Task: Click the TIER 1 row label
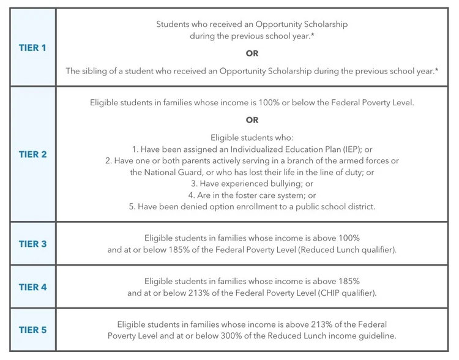(32, 48)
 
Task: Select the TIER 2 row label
(32, 154)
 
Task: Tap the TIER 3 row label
(32, 244)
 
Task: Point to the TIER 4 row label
(32, 287)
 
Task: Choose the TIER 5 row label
(32, 330)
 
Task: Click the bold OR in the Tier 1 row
(252, 53)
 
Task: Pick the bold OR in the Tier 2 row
(252, 120)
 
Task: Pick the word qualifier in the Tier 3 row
(375, 250)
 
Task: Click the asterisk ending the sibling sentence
(436, 70)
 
